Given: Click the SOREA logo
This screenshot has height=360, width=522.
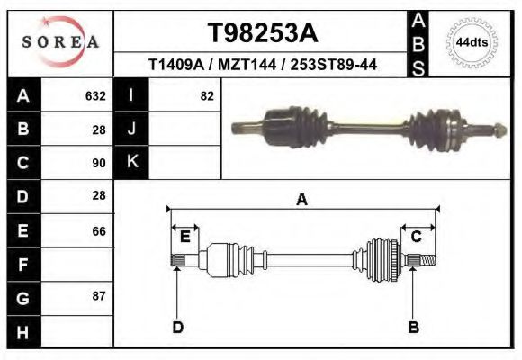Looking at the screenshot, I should pos(59,43).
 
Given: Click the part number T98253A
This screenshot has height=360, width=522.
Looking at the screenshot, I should pos(263,33).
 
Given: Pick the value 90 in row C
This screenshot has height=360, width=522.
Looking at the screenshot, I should pos(99,163).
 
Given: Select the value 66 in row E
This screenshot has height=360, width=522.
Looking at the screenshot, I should pos(99,231).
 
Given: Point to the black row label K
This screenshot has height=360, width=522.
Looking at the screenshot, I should pos(131,163).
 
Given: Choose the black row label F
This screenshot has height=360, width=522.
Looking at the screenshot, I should pos(22,265).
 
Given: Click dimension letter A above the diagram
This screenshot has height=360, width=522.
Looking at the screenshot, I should pos(302,200).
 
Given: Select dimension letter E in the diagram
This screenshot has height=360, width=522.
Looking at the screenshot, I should pos(184,237).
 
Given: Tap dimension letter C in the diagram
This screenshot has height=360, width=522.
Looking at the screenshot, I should pos(417,237).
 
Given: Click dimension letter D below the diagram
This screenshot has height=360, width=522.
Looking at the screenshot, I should pos(178,327).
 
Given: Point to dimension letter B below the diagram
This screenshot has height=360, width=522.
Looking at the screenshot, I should pos(414,327).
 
